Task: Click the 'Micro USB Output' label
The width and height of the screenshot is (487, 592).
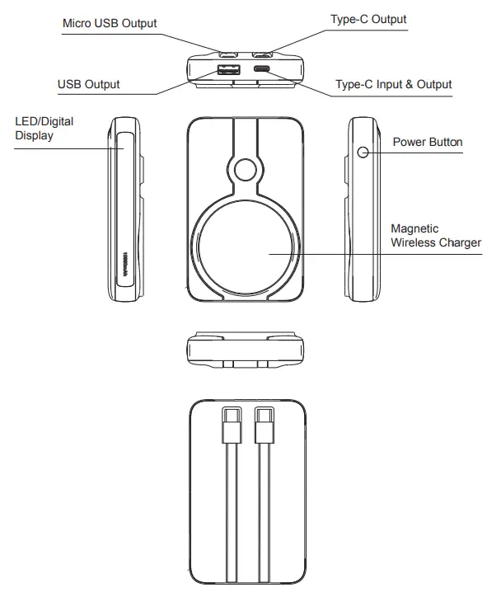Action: click(x=110, y=23)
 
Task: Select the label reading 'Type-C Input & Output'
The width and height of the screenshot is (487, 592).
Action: click(x=394, y=84)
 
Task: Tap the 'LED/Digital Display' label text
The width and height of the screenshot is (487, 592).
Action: click(x=44, y=128)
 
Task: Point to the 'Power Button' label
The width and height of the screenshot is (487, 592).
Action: click(x=427, y=142)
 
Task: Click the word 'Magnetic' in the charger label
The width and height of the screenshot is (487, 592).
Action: click(x=414, y=228)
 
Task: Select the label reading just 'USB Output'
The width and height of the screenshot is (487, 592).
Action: click(x=88, y=84)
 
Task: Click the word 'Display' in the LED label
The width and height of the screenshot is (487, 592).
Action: click(x=34, y=135)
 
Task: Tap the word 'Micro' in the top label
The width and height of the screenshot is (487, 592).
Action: click(x=78, y=23)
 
